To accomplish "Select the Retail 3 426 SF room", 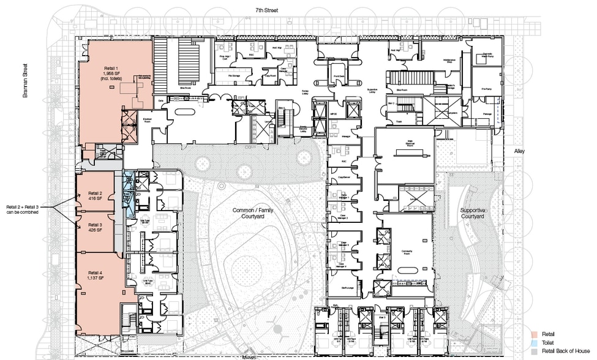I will pos(94,228).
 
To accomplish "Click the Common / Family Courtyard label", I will pos(253,212).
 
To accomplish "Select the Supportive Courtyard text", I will pos(473,213).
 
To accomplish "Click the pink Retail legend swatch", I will pos(535,334).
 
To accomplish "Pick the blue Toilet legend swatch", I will pos(535,343).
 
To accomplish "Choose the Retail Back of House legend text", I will pos(559,352).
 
